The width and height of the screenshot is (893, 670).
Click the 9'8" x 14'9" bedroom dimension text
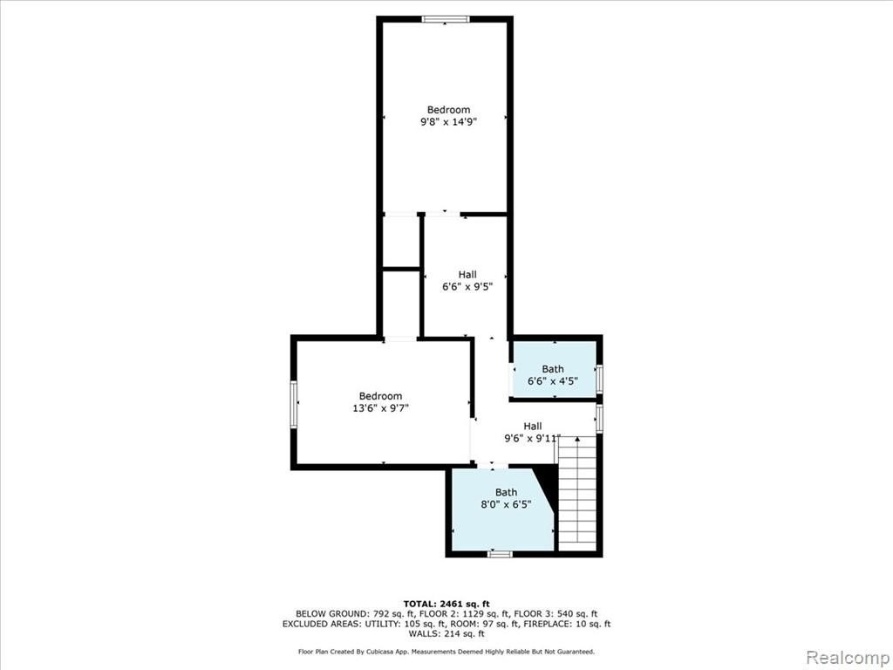(448, 121)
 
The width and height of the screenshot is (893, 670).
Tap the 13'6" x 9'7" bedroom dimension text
(380, 408)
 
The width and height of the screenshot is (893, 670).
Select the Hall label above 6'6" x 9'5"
(467, 275)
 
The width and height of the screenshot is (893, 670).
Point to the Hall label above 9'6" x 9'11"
(533, 426)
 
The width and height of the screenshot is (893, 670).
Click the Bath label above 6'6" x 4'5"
(552, 369)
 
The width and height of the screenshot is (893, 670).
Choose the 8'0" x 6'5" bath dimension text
(507, 504)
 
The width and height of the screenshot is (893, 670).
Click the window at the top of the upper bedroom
(446, 19)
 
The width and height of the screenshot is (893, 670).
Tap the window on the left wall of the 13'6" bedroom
(294, 405)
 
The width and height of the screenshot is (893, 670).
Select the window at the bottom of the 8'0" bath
(501, 553)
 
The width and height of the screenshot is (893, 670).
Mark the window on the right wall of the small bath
(599, 379)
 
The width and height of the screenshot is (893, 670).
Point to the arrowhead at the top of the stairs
(577, 440)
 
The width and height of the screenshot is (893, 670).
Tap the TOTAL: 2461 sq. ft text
(446, 604)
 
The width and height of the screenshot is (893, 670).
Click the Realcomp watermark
(848, 657)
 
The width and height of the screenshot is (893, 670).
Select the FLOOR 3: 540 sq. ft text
(556, 614)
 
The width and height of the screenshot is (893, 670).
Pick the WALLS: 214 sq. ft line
(446, 633)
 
